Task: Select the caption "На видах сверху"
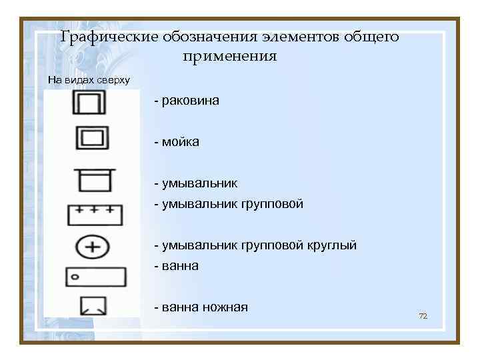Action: (x=89, y=80)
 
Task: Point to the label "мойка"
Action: (x=179, y=142)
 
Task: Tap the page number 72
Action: (x=422, y=315)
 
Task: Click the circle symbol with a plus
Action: (x=94, y=247)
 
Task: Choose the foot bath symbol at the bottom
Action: (x=93, y=305)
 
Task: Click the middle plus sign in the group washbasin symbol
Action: (x=95, y=209)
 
